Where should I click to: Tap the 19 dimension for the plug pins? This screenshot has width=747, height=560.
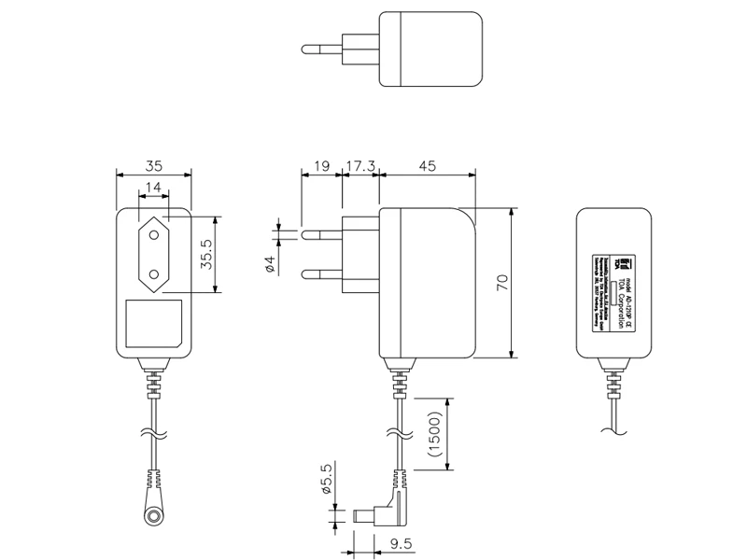pos(320,166)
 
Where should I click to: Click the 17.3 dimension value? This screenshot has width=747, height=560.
pos(359,166)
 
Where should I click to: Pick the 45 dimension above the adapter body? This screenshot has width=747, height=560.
pos(427,166)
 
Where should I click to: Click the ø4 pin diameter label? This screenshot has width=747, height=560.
pos(269,264)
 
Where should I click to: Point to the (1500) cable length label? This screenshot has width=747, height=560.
pos(433,435)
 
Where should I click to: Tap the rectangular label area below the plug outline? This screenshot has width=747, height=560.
pos(153,323)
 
